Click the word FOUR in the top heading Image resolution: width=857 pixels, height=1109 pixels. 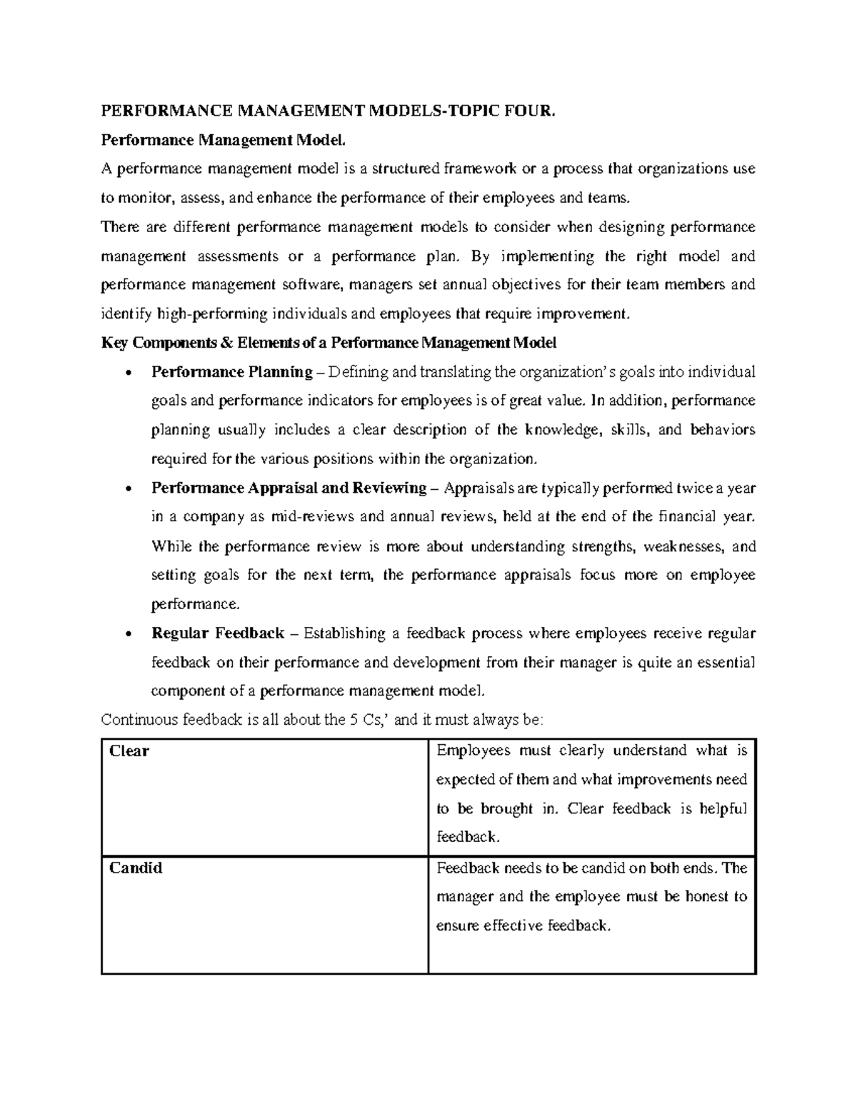tap(526, 111)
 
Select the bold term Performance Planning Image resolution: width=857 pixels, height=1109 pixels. tap(232, 372)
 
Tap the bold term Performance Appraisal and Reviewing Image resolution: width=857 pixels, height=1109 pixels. tap(289, 488)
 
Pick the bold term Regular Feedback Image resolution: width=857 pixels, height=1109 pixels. tap(218, 633)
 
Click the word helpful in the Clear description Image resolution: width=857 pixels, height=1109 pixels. tap(723, 809)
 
